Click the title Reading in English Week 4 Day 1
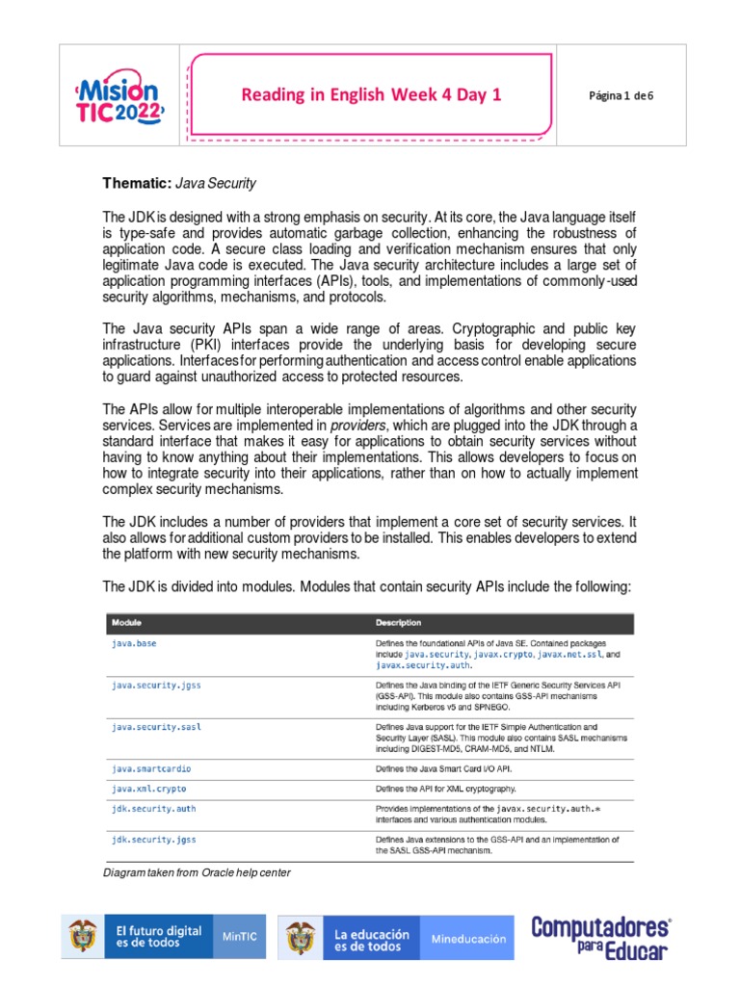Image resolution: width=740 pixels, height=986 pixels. [x=371, y=94]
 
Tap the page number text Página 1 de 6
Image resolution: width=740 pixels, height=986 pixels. [x=621, y=94]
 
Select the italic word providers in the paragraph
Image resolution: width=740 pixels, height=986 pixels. [x=357, y=425]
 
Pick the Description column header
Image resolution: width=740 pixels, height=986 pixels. [x=399, y=623]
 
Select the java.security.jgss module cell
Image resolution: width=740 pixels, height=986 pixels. [x=156, y=686]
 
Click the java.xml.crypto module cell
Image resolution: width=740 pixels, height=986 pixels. [x=150, y=789]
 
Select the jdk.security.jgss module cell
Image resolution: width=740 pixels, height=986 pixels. [x=154, y=840]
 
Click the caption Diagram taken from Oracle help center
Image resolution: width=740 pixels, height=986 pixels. [x=197, y=872]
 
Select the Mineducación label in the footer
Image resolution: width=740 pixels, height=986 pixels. [x=468, y=939]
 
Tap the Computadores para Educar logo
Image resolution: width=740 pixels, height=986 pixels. [x=601, y=938]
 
